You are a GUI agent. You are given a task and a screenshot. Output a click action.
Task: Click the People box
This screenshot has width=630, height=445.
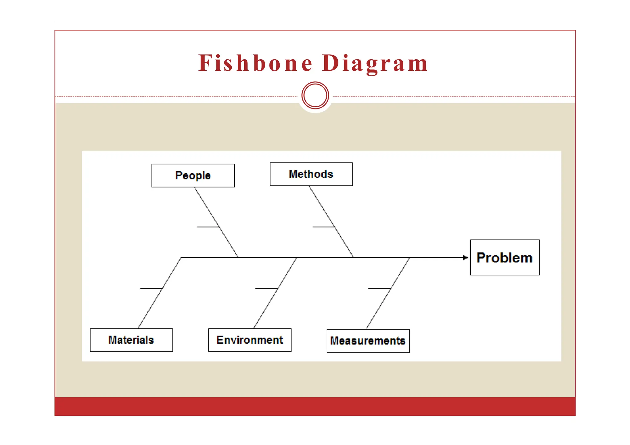[x=193, y=175]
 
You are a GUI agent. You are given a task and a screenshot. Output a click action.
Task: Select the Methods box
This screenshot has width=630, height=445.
[x=311, y=174]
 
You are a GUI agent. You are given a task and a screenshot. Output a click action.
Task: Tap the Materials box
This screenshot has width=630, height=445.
[x=131, y=340]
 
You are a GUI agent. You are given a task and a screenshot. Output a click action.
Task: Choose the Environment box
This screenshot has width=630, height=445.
[x=249, y=340]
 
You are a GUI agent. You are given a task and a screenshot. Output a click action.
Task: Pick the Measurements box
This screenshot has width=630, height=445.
[x=368, y=341]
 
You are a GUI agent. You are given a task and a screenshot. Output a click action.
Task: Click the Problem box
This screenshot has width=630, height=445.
[x=504, y=258]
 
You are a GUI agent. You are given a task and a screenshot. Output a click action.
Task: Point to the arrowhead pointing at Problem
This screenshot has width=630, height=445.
[x=465, y=258]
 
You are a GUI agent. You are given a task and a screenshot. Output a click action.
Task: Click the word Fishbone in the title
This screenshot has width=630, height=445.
[x=255, y=63]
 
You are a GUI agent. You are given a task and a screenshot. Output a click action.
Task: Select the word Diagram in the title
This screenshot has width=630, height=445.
[x=375, y=63]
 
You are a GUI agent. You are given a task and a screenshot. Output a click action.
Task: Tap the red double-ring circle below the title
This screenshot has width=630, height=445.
[x=315, y=95]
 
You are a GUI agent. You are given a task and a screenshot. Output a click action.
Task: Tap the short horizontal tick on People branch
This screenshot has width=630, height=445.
[x=208, y=227]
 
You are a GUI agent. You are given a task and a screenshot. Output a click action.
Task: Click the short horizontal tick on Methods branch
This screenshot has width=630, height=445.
[x=323, y=227]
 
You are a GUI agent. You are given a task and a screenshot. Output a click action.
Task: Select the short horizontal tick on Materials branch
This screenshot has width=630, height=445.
[x=151, y=289]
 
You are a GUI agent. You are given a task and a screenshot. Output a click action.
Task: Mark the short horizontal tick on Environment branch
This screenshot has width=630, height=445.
[x=266, y=289]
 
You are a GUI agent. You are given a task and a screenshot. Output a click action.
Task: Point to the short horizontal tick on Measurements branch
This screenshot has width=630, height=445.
[x=379, y=289]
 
